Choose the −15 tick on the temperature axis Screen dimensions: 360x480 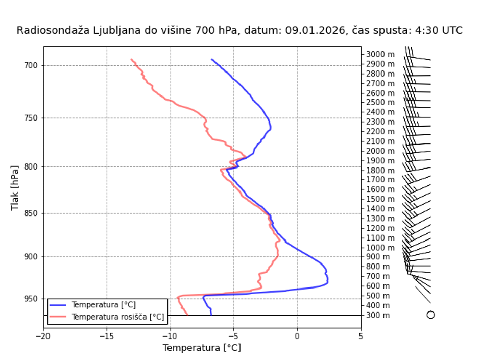107,335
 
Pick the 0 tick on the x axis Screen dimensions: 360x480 297,335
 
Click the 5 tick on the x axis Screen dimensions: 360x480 361,335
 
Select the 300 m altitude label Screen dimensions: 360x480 378,315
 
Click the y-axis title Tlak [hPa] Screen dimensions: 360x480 15,187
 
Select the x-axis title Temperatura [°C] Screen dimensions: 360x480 202,348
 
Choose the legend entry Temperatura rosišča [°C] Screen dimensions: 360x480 118,317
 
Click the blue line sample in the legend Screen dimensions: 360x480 59,305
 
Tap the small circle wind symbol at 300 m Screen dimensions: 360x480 430,315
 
